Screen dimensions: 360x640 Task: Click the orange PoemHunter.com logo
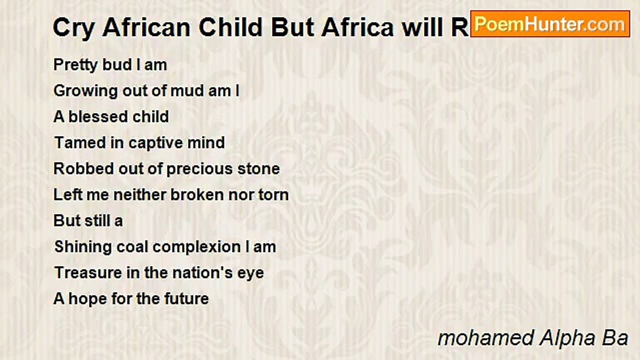tap(550, 23)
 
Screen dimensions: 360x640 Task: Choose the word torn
tap(273, 195)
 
